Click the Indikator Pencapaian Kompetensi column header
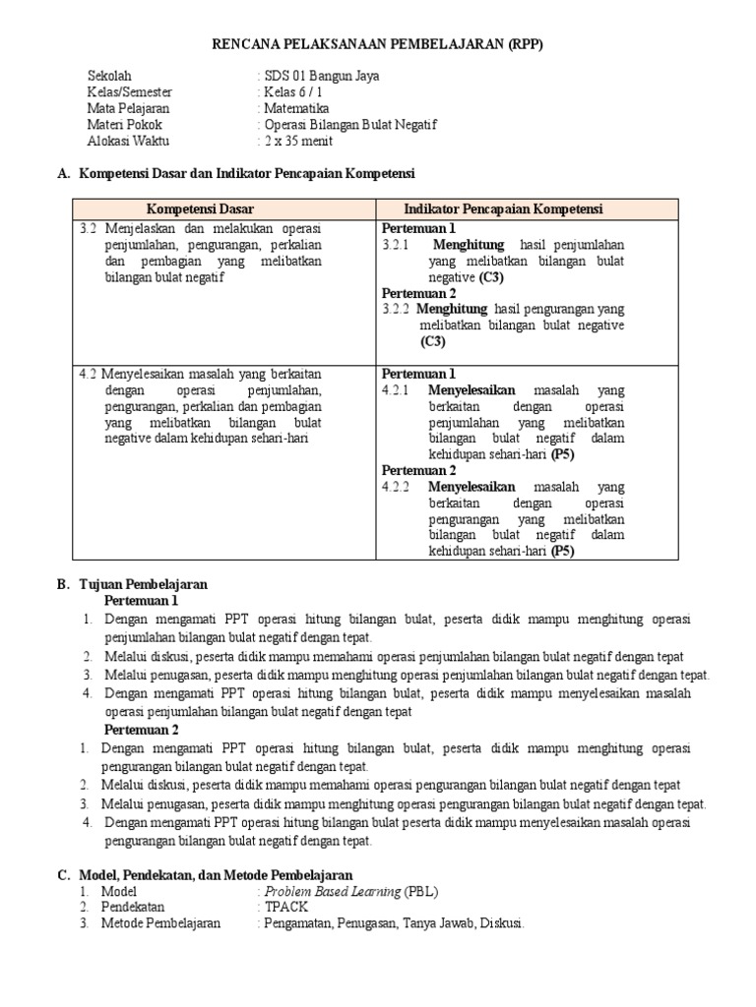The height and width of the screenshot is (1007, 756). point(503,209)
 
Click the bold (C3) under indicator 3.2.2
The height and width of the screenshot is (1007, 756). point(432,341)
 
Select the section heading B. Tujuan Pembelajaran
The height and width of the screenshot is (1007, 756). point(132,584)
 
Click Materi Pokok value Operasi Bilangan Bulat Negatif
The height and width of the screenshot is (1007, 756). point(348,125)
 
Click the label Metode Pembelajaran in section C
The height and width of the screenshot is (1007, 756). point(161,923)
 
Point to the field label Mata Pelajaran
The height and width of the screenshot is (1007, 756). point(129,108)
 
